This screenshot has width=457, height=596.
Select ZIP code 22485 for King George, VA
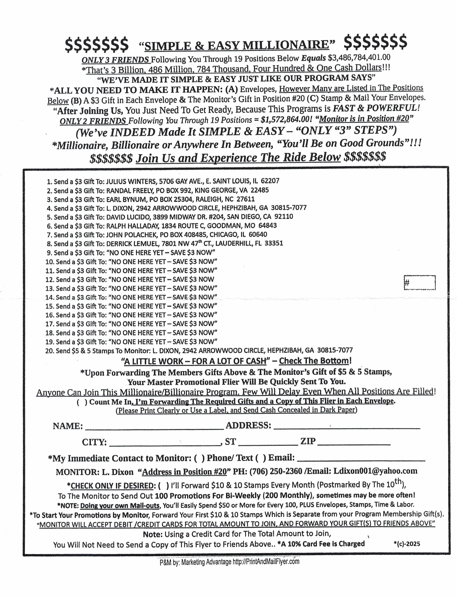click(x=260, y=190)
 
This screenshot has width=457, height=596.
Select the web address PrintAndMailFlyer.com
click(x=266, y=561)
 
